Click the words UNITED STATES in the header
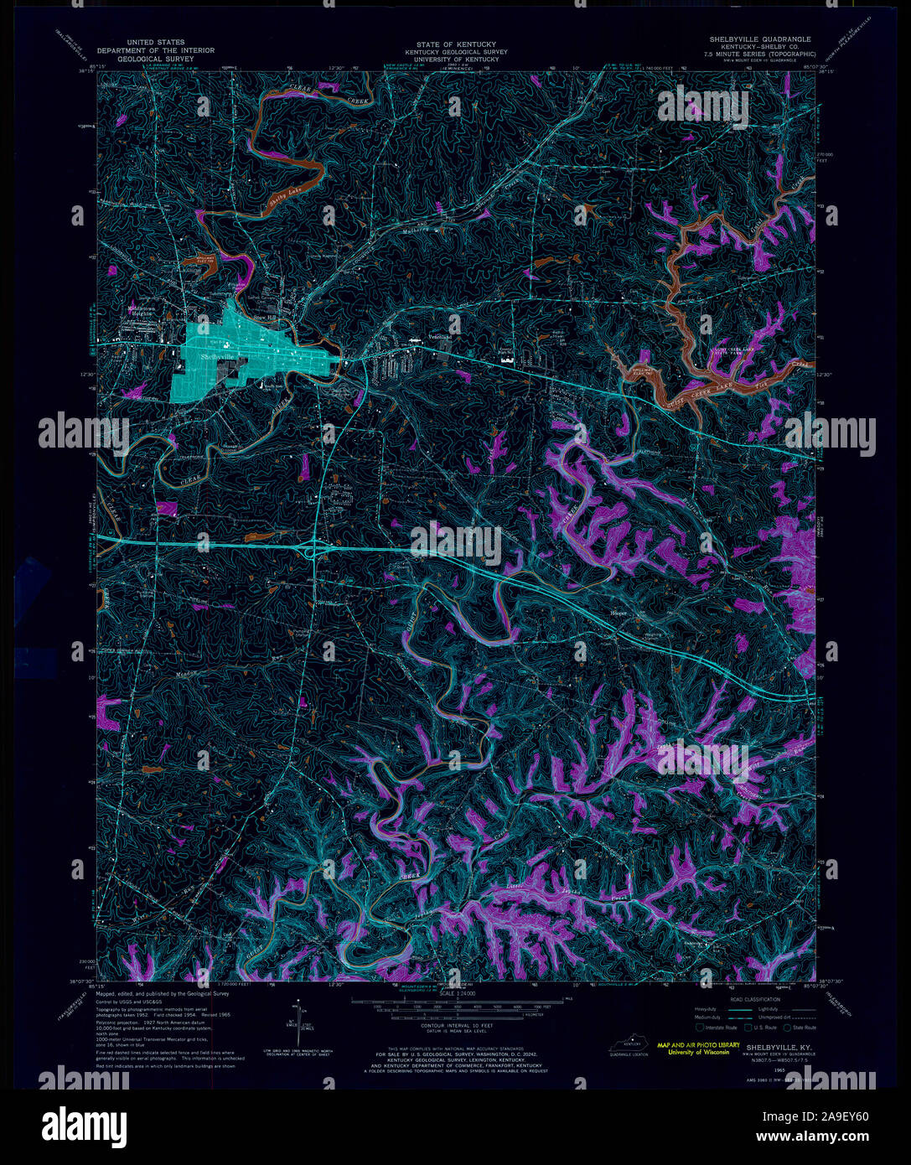click(x=156, y=42)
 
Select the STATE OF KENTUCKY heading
click(x=457, y=44)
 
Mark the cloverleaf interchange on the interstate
click(x=316, y=549)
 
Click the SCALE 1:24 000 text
click(x=457, y=993)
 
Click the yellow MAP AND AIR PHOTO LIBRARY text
click(x=698, y=1045)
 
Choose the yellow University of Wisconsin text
click(x=698, y=1054)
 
